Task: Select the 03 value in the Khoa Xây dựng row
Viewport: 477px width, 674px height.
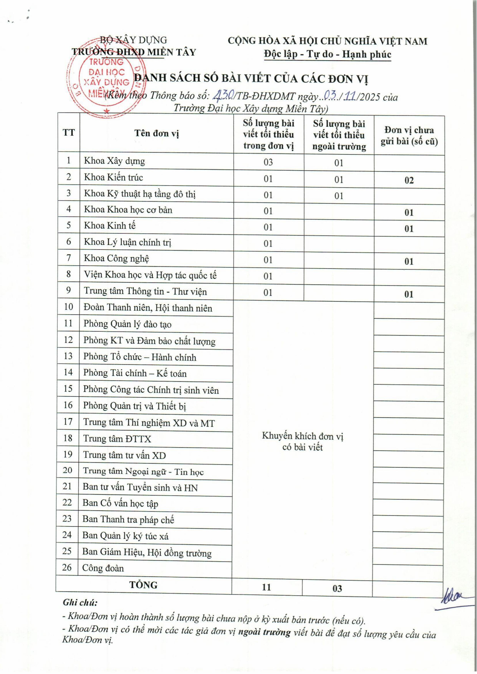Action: [268, 162]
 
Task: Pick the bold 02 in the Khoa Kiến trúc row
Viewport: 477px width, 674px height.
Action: [409, 180]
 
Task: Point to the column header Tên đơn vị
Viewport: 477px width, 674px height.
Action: [157, 133]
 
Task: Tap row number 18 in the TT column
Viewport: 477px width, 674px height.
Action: [68, 438]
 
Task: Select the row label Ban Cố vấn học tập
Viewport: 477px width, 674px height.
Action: [120, 503]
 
